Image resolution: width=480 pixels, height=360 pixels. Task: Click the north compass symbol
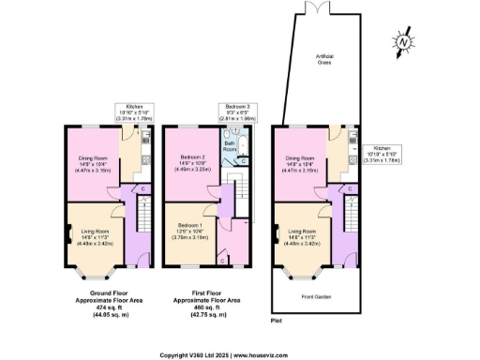[401, 42]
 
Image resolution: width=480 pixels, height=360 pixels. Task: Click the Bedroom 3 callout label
[237, 112]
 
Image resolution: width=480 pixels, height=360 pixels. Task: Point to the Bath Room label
[230, 147]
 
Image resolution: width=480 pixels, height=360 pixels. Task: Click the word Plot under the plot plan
[276, 320]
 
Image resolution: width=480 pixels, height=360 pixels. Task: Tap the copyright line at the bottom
[239, 354]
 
